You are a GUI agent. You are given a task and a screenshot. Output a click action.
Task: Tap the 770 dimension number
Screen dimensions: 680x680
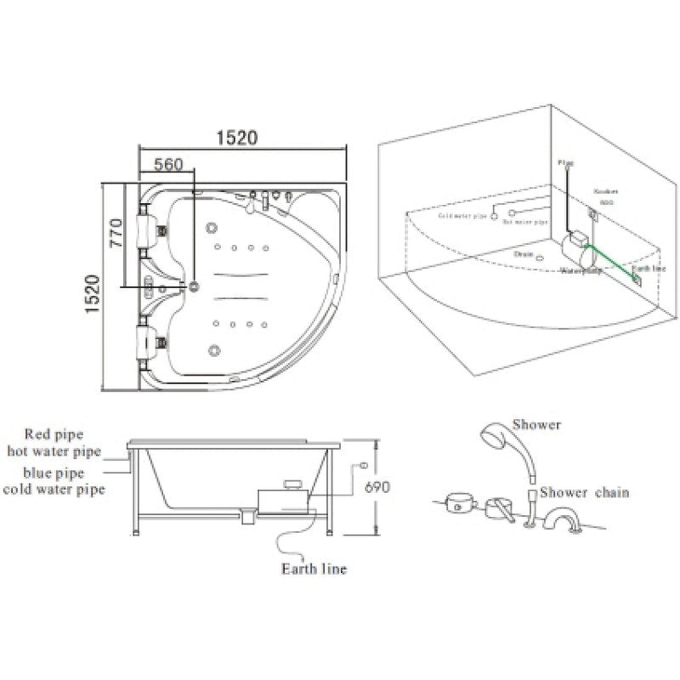click(x=115, y=233)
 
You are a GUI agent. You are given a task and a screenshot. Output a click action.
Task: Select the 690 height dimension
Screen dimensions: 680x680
click(x=377, y=487)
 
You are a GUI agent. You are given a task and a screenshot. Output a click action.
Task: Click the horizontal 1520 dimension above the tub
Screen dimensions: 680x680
click(x=237, y=137)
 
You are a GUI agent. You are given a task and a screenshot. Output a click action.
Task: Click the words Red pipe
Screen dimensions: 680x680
click(x=54, y=434)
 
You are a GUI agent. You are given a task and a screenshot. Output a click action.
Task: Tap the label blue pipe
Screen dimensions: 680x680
click(x=54, y=472)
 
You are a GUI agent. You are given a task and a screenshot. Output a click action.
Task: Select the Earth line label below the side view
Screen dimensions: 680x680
click(x=314, y=569)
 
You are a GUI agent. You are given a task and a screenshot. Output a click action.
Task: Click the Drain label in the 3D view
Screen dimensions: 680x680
click(x=523, y=254)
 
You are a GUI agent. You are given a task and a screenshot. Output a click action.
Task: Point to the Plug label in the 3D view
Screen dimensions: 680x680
click(x=566, y=163)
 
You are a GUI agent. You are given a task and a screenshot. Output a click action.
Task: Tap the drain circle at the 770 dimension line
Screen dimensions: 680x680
click(x=194, y=286)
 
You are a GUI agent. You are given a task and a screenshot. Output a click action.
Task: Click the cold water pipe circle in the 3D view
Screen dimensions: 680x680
click(x=494, y=216)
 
